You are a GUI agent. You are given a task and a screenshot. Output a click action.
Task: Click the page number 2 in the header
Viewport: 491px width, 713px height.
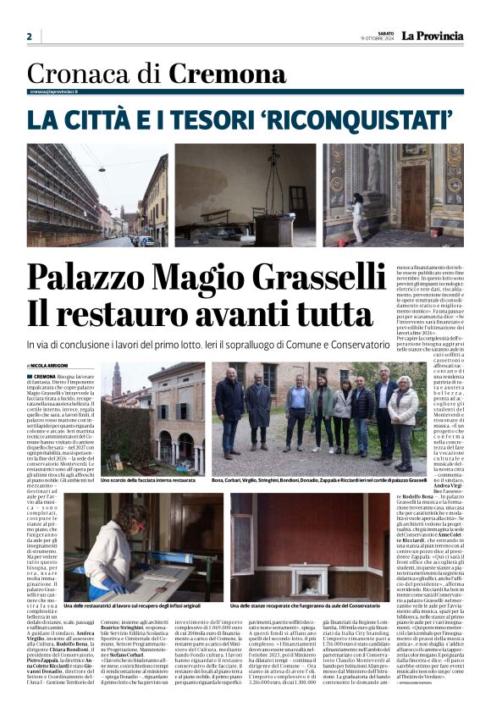pyautogui.click(x=30, y=36)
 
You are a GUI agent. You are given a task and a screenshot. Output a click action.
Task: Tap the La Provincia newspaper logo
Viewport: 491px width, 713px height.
pyautogui.click(x=432, y=36)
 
